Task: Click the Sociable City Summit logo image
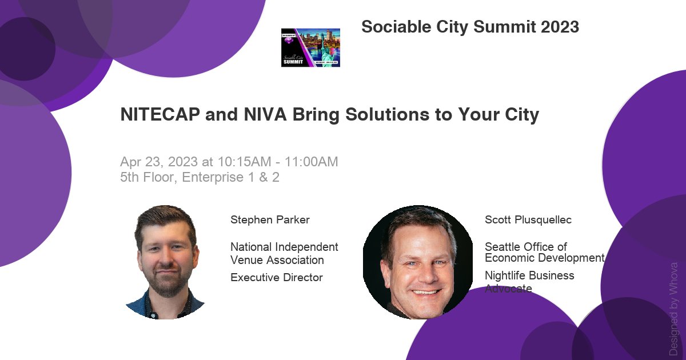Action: click(310, 47)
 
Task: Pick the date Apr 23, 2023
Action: click(156, 162)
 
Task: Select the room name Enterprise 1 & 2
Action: click(231, 177)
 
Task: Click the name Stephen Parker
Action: click(270, 220)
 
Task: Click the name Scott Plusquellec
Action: click(528, 220)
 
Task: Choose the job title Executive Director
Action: click(277, 278)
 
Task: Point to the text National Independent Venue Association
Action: click(284, 254)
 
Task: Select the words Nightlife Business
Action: click(529, 275)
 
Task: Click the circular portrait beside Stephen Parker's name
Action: click(166, 262)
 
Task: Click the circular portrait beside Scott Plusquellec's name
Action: click(418, 261)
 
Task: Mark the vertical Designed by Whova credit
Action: click(674, 309)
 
